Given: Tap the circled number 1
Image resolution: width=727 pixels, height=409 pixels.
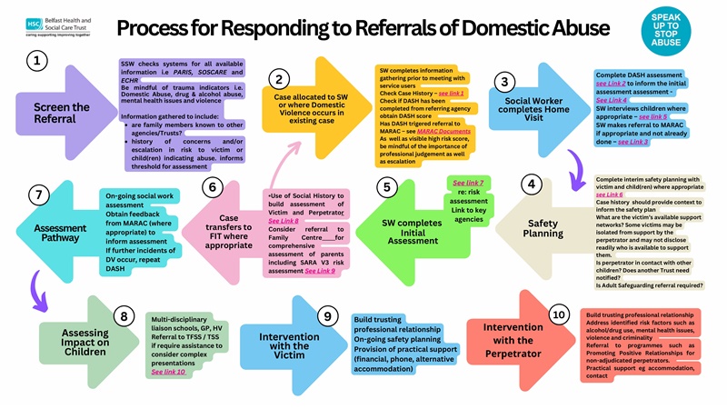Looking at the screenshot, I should click(36, 61).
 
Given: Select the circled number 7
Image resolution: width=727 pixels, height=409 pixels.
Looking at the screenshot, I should click(37, 195).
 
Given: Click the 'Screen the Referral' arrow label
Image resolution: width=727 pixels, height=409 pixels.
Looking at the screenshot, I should click(62, 114).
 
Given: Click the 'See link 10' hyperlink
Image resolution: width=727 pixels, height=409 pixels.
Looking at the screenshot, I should click(168, 372).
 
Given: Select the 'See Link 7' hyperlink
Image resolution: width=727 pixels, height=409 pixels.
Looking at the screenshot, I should click(468, 184).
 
